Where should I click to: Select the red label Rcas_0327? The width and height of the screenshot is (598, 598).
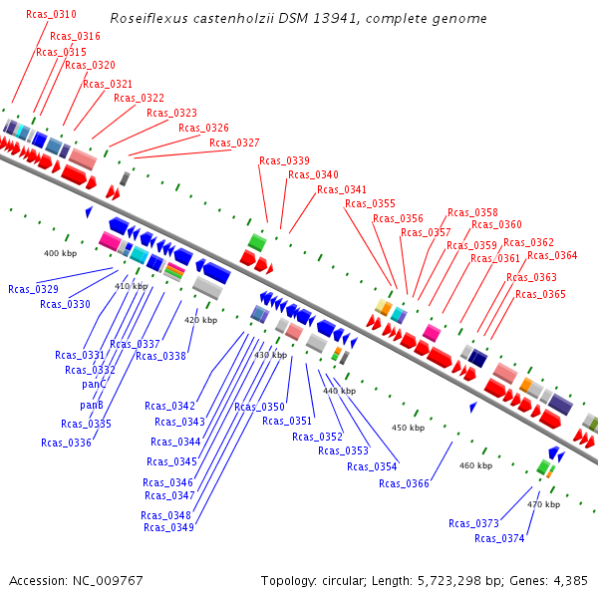[234, 144]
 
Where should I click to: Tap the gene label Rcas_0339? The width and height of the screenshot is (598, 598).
[284, 160]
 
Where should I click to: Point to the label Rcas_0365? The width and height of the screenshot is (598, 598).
[540, 294]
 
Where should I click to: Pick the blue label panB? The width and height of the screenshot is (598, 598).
[92, 405]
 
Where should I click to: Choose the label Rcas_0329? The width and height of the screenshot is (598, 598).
[33, 289]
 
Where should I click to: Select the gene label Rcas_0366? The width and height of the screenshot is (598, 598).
[404, 483]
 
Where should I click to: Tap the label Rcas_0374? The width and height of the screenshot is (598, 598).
[499, 538]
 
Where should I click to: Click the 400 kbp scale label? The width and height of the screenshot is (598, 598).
[60, 253]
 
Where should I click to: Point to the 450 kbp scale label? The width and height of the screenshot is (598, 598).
[408, 428]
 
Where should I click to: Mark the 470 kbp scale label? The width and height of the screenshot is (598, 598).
[543, 504]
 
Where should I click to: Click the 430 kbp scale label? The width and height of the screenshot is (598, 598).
[270, 355]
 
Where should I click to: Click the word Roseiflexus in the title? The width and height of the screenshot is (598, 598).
[144, 19]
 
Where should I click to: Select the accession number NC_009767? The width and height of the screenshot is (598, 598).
[109, 580]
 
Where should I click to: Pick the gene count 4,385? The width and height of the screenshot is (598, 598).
[569, 580]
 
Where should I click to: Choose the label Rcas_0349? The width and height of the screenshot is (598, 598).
[167, 527]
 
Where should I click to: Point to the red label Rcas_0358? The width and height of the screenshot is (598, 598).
[472, 212]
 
